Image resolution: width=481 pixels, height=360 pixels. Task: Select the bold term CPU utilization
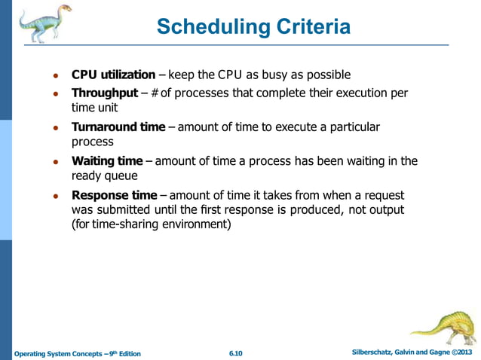(113, 75)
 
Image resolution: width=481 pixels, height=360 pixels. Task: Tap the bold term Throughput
(104, 93)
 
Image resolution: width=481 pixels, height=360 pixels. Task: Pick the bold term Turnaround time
(118, 127)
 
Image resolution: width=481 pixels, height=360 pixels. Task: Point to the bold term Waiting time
(106, 161)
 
